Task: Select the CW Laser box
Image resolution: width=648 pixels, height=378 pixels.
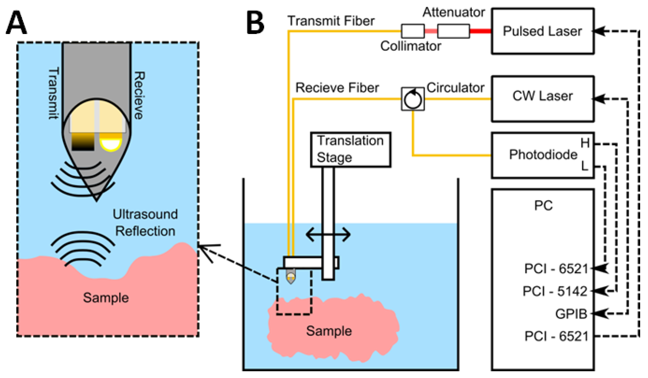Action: point(543,99)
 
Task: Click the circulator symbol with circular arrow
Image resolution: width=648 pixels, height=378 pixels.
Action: point(413,99)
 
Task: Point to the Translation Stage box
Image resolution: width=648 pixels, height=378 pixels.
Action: point(351,150)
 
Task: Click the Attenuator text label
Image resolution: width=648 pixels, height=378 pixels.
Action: point(454,12)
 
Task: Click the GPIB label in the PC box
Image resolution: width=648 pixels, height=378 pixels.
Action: point(571,314)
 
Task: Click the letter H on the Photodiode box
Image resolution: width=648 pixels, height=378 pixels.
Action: point(585,143)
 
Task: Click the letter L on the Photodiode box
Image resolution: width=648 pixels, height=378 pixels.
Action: point(584,166)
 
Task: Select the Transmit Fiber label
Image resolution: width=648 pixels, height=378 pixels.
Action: point(331,21)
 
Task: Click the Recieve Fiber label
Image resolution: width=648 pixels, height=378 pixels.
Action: point(337,88)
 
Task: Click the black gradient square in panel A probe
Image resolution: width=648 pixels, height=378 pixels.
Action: point(83,142)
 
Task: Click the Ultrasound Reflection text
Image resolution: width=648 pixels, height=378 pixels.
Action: point(145,223)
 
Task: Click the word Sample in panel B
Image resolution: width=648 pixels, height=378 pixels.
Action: point(329,331)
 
